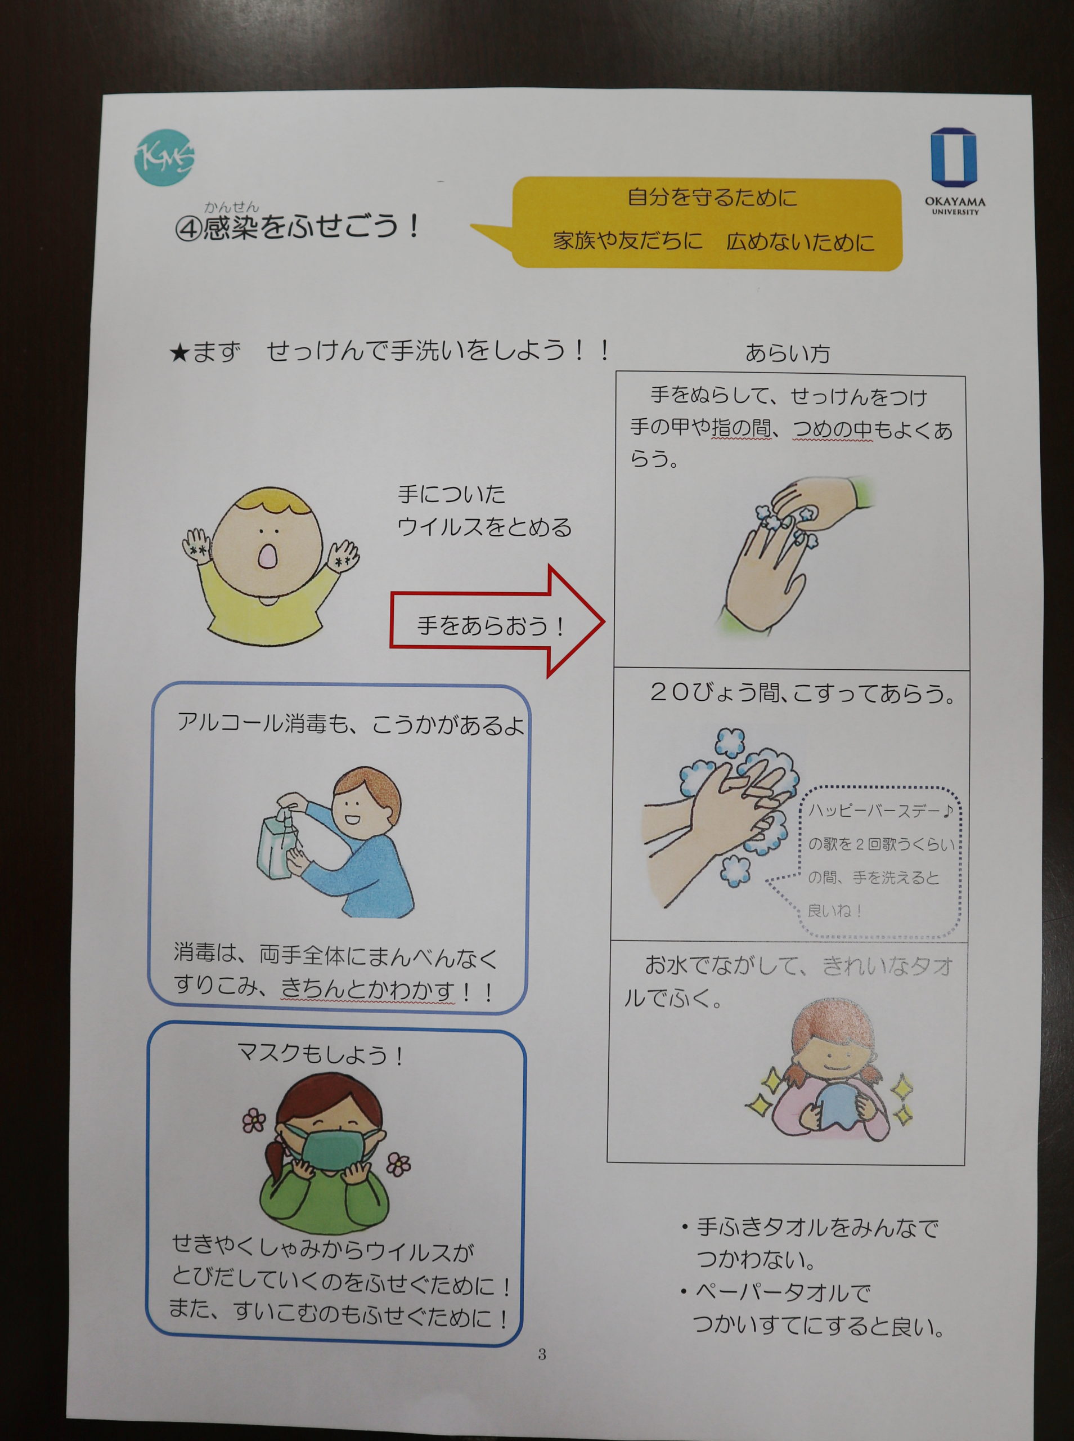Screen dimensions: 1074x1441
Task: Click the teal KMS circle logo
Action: pyautogui.click(x=164, y=158)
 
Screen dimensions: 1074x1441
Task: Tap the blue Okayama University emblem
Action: pyautogui.click(x=954, y=156)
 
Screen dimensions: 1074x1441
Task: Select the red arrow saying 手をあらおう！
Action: pyautogui.click(x=497, y=621)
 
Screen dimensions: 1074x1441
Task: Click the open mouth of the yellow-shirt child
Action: pyautogui.click(x=267, y=557)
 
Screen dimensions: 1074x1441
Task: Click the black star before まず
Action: pyautogui.click(x=179, y=353)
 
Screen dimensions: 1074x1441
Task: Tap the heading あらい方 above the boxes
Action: pyautogui.click(x=787, y=353)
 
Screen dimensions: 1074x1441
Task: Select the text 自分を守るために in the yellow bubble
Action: pyautogui.click(x=711, y=197)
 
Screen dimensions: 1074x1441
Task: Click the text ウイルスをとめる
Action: pyautogui.click(x=484, y=527)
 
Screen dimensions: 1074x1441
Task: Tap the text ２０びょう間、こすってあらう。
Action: pyautogui.click(x=803, y=693)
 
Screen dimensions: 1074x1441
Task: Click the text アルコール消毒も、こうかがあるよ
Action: pyautogui.click(x=350, y=724)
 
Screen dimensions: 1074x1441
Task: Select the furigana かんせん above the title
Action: pyautogui.click(x=231, y=208)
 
